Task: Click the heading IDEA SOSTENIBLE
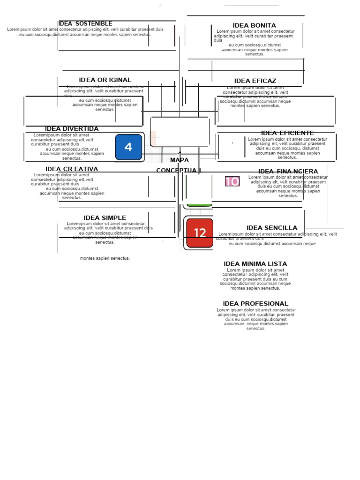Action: point(85,24)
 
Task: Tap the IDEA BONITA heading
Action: point(254,25)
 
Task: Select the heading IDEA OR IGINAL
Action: point(105,80)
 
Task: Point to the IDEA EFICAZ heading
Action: point(255,81)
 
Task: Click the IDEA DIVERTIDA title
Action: point(72,129)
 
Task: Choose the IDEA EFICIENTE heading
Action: point(287,133)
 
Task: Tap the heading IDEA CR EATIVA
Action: point(72,169)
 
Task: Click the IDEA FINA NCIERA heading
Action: point(288,172)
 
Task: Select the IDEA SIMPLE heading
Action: point(105,218)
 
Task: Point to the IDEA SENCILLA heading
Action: point(272,228)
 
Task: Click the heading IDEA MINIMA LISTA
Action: point(255,264)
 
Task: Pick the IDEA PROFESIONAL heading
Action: point(255,304)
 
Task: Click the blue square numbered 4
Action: point(128,147)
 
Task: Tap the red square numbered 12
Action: point(200,233)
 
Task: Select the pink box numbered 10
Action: point(232,181)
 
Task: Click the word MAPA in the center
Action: point(180,160)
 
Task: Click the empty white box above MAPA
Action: point(180,132)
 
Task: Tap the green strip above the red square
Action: point(200,204)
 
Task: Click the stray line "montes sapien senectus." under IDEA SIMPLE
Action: point(105,258)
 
